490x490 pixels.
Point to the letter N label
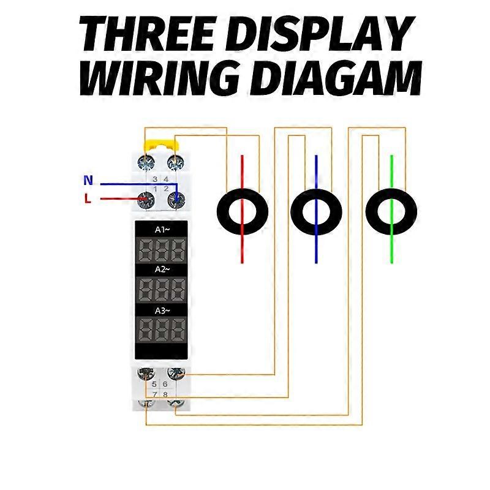pyautogui.click(x=88, y=181)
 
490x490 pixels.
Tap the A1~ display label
pyautogui.click(x=162, y=230)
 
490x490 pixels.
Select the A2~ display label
pyautogui.click(x=162, y=269)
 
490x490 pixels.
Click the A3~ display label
pyautogui.click(x=162, y=310)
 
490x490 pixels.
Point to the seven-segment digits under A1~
pyautogui.click(x=162, y=250)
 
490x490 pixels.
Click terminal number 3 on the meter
pyautogui.click(x=155, y=179)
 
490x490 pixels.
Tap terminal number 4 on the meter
pyautogui.click(x=166, y=179)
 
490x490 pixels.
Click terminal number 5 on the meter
pyautogui.click(x=154, y=383)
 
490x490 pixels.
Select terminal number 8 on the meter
pyautogui.click(x=165, y=394)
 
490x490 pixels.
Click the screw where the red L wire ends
pyautogui.click(x=146, y=198)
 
